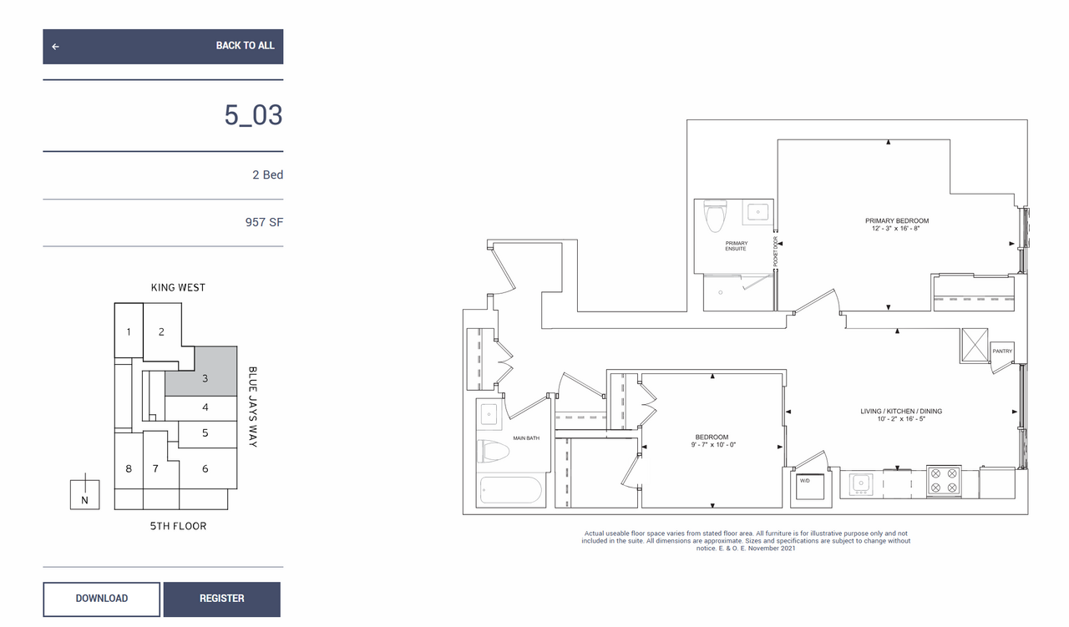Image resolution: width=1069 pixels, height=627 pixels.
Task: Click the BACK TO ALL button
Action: coord(163,46)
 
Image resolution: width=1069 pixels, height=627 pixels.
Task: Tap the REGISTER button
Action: coord(222,599)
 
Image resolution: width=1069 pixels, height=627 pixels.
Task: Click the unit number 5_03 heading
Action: coord(253,115)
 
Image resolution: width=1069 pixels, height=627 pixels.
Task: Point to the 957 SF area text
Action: coord(264,222)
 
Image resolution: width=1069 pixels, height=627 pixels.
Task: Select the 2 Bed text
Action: coord(267,174)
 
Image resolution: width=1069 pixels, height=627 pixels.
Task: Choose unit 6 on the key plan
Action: coord(205,468)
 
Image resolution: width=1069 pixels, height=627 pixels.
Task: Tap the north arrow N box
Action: coord(85,494)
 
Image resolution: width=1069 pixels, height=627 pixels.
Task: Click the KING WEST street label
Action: coord(178,288)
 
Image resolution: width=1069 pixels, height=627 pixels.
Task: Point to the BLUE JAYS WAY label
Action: coord(252,407)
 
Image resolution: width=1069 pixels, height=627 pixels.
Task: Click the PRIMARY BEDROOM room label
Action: coord(897,221)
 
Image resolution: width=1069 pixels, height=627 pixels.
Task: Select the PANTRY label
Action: coord(1002,351)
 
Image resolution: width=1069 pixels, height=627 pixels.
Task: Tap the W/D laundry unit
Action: coord(810,486)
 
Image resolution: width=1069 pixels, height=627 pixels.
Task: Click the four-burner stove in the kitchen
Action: coord(944,481)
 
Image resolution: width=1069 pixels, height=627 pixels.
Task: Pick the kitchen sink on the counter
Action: coord(861,484)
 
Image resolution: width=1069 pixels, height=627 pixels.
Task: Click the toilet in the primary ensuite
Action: coord(715,216)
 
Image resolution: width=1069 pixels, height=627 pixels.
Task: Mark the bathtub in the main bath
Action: coord(510,490)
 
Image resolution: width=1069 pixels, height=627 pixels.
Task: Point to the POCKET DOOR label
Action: coord(776,251)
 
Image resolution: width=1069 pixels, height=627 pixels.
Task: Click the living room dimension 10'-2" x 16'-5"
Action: coord(901,419)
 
